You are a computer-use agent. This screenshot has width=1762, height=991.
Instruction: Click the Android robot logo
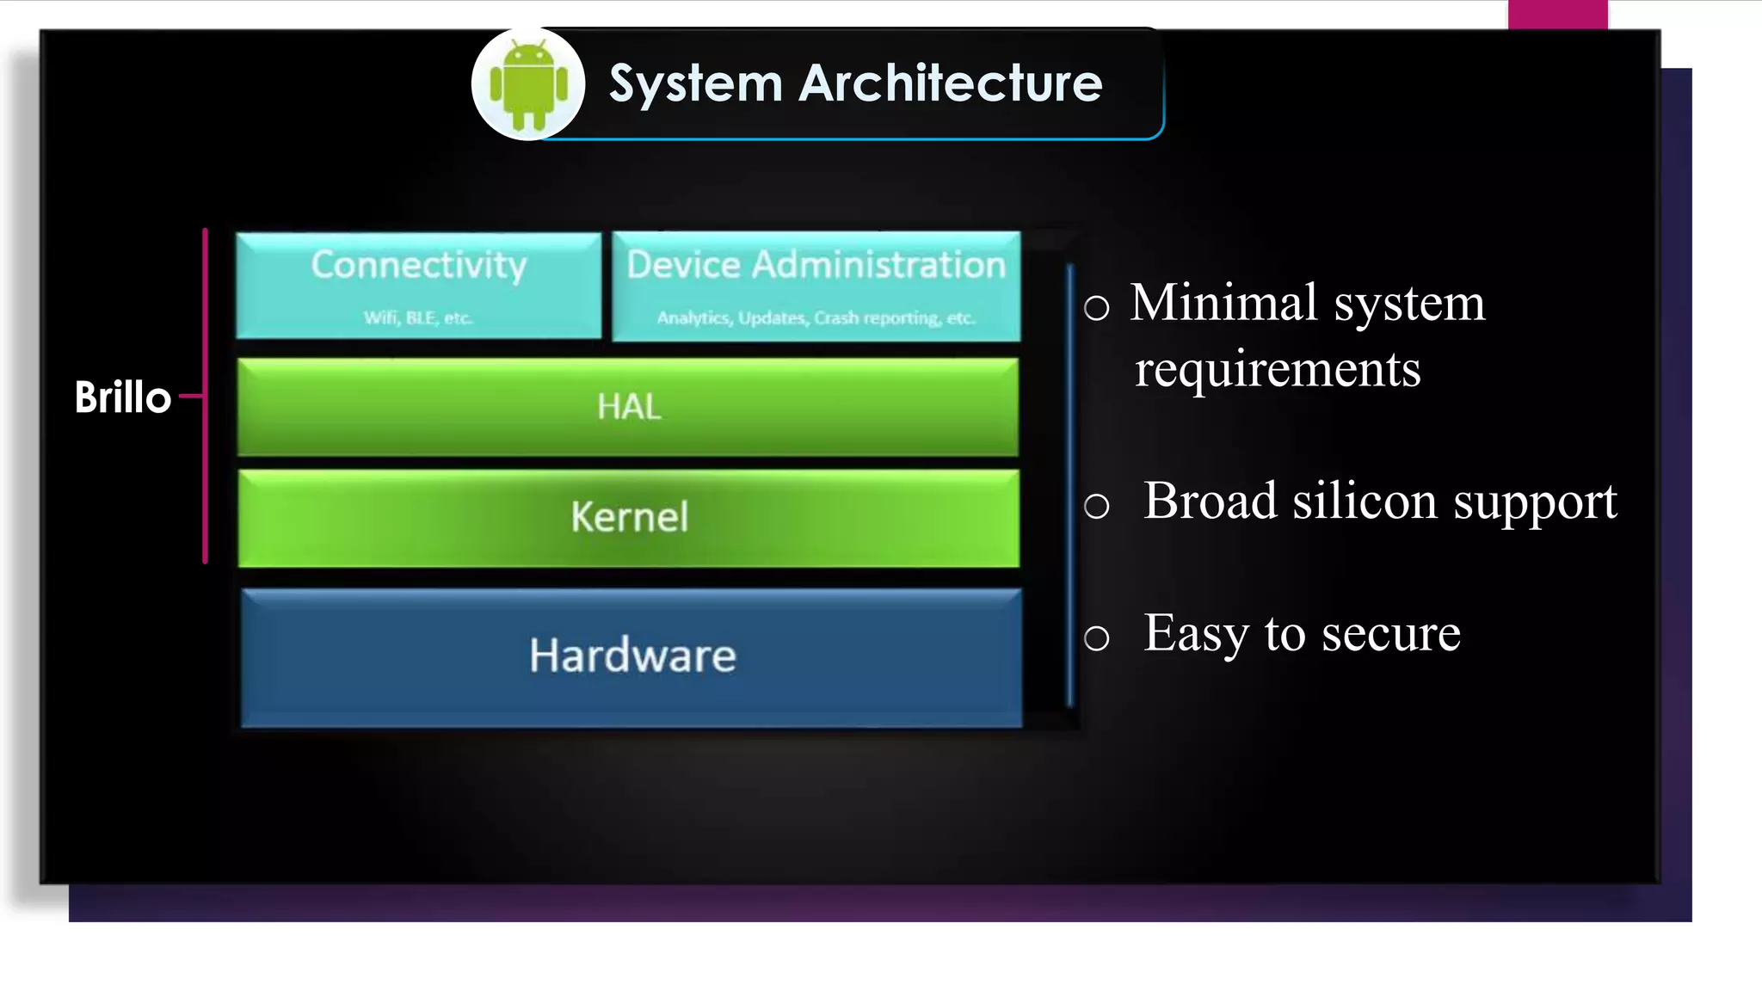528,84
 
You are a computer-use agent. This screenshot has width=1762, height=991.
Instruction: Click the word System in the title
695,84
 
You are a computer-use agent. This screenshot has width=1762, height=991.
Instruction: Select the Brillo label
123,397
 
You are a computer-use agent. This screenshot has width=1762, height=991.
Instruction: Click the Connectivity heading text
418,265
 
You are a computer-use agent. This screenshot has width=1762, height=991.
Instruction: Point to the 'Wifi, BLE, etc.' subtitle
418,318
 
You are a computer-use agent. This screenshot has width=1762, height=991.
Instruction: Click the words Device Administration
816,265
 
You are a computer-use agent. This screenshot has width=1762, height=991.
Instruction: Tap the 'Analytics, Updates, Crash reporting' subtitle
816,318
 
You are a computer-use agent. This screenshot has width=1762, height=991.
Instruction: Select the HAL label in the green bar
629,407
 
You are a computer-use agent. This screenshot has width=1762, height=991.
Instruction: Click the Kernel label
629,518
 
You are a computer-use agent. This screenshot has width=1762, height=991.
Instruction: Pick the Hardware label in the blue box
632,656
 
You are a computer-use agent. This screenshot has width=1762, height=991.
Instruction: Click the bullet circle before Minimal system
1096,308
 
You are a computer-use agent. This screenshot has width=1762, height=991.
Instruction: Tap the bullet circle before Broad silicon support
1096,506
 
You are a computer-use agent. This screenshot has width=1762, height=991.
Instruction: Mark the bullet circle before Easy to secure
1096,638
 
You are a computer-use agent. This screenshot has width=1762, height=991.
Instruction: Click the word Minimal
1224,303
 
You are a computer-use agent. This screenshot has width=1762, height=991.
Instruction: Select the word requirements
1278,370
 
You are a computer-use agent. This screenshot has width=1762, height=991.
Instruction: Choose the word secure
1390,634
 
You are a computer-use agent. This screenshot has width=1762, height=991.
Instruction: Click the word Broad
1210,501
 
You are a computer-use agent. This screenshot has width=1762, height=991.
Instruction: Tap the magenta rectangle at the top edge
1557,15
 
